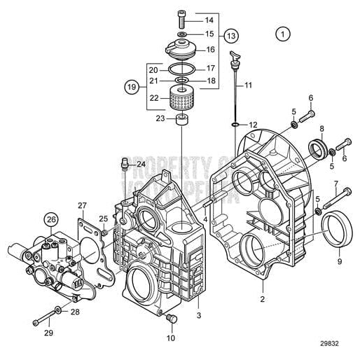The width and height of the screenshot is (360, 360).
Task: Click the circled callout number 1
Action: [282, 33]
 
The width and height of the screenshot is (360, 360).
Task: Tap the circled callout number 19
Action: [131, 87]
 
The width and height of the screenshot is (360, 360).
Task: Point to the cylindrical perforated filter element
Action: [181, 98]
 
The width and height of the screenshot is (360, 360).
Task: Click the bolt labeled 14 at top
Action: [182, 20]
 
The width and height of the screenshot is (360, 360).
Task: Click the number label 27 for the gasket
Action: [83, 205]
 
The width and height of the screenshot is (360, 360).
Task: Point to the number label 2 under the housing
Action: [262, 299]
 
